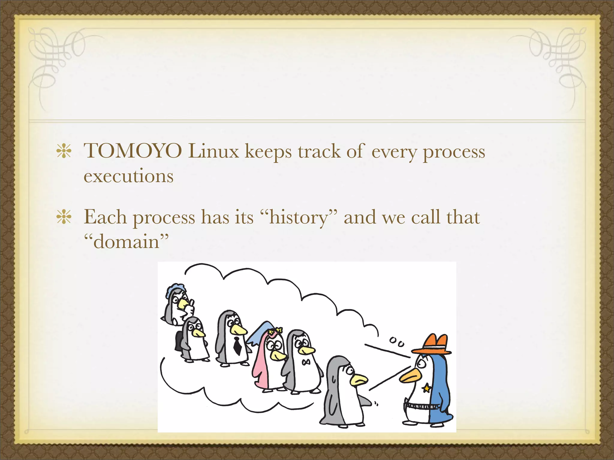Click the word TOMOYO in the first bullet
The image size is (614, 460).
coord(133,151)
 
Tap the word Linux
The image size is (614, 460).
coord(213,151)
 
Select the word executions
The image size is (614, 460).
coord(128,176)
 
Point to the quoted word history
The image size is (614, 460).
coord(299,217)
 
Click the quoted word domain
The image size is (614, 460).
coord(126,242)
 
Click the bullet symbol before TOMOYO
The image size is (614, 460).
coord(64,151)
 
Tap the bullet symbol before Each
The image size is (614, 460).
coord(64,217)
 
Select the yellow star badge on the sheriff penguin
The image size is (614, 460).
coord(426,389)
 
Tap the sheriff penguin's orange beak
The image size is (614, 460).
coord(409,376)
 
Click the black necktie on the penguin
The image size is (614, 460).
coord(237,345)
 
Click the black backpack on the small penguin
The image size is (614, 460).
coord(179,341)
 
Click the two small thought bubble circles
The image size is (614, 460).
coord(397,342)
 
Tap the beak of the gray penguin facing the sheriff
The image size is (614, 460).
coord(359,380)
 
